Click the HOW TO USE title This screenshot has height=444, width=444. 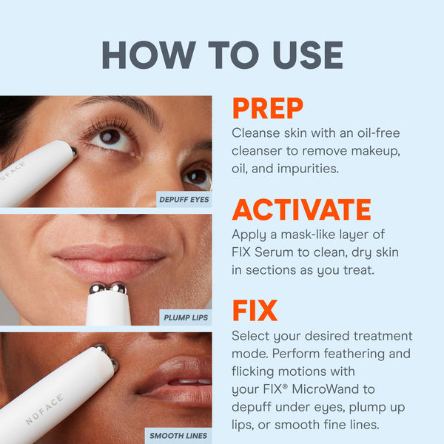click(222, 55)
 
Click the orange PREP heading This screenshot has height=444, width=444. click(267, 109)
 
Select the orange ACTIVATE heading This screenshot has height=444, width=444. click(301, 209)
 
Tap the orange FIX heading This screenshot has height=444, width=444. click(255, 311)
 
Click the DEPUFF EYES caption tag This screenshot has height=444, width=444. click(184, 199)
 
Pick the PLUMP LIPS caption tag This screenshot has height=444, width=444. click(185, 318)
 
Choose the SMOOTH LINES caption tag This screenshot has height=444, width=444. click(178, 436)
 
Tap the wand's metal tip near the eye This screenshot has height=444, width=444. click(73, 151)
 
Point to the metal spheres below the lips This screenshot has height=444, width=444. click(108, 288)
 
